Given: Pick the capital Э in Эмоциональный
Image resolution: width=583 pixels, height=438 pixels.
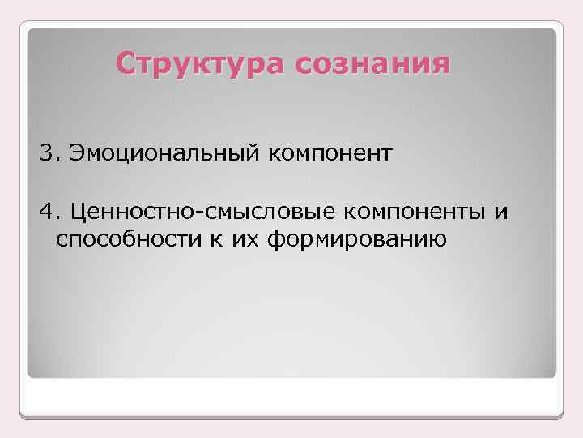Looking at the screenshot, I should pyautogui.click(x=78, y=153).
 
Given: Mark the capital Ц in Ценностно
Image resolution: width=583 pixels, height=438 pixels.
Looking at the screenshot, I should pyautogui.click(x=79, y=213).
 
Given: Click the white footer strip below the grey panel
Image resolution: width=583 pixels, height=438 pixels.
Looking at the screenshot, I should pyautogui.click(x=291, y=397).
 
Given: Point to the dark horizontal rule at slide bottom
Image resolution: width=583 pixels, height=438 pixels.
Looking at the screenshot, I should pyautogui.click(x=291, y=417).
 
